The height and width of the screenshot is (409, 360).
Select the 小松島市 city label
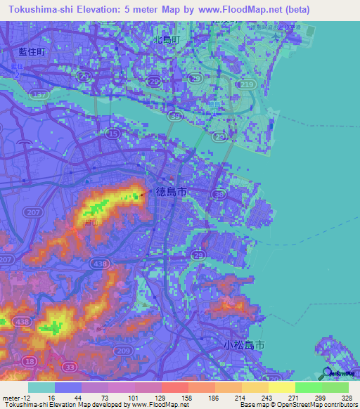pos(243,346)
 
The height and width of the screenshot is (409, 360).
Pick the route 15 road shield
pos(112,132)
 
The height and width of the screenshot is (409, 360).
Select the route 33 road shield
pos(70,367)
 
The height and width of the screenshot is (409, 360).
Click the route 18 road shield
pos(29,361)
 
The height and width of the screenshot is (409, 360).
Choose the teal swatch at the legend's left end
pos(41,387)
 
